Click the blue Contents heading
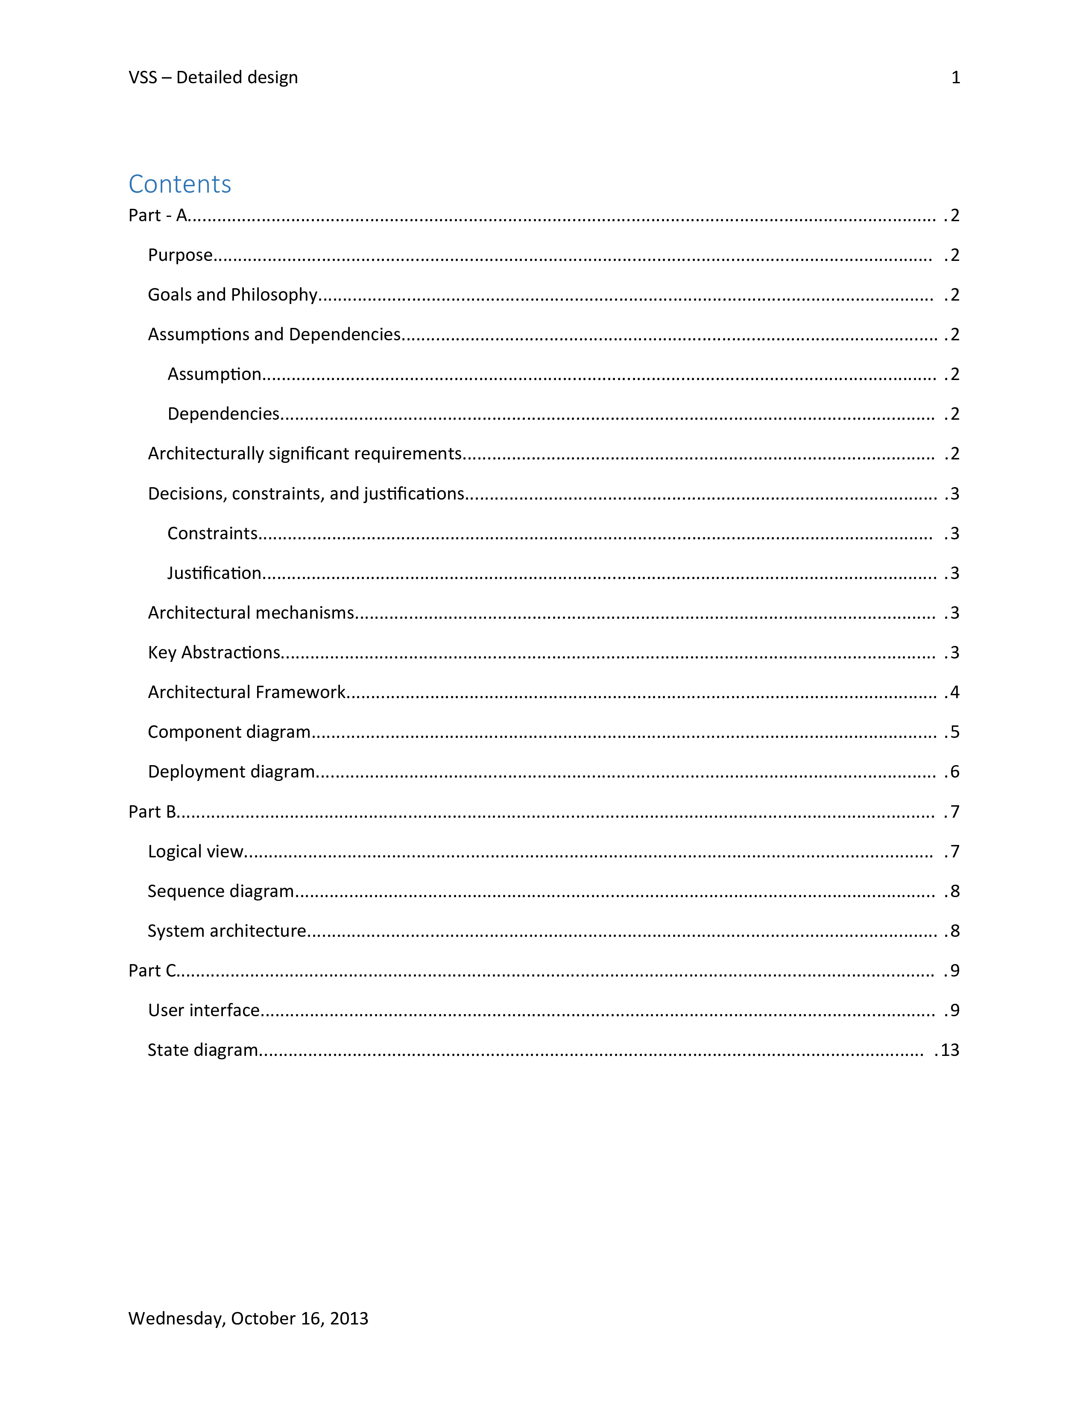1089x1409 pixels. click(179, 184)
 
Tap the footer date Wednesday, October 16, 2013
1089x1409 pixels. click(249, 1318)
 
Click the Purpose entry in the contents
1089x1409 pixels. click(180, 255)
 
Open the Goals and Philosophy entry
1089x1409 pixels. click(232, 295)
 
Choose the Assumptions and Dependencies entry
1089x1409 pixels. click(274, 334)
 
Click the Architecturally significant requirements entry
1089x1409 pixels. click(304, 453)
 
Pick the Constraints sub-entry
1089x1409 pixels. click(212, 534)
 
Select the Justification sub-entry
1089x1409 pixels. click(214, 573)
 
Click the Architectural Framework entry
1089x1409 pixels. click(246, 692)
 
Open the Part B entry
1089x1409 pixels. click(152, 812)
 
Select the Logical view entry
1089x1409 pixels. click(196, 852)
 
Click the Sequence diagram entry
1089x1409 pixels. click(221, 891)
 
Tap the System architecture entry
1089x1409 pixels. click(226, 931)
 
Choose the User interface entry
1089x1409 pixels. click(204, 1010)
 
